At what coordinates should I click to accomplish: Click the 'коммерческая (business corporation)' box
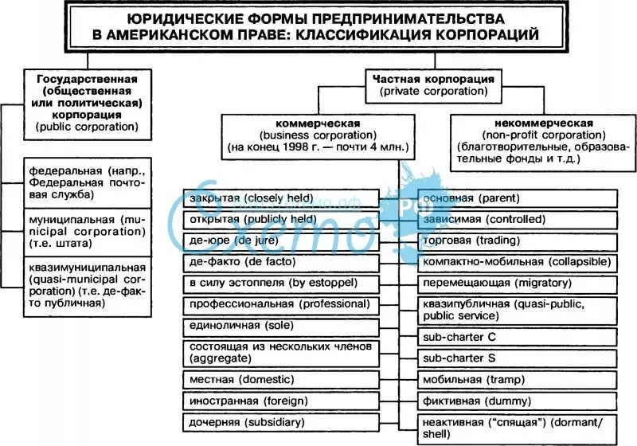(318, 135)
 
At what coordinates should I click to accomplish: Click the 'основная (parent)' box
(518, 198)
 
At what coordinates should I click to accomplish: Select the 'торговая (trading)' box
(518, 240)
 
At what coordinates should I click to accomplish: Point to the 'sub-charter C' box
(518, 337)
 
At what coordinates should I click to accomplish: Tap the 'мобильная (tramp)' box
(518, 380)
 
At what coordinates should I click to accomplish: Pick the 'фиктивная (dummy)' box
(518, 401)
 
